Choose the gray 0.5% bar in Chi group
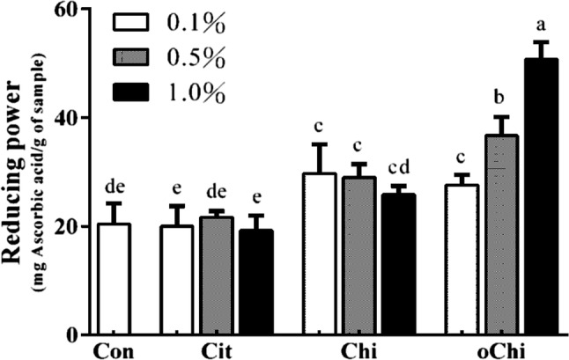click(358, 255)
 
